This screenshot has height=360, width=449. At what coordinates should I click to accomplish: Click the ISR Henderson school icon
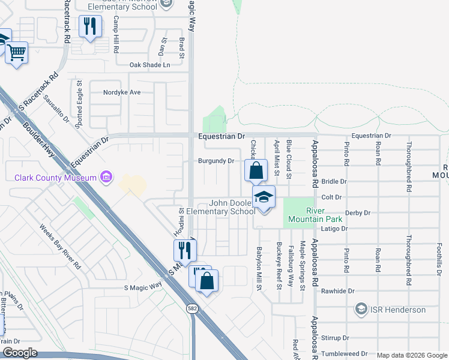pos(361,310)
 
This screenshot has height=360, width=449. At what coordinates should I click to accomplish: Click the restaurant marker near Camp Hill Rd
pos(90,26)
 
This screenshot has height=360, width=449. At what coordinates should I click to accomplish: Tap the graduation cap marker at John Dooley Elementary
pos(264,197)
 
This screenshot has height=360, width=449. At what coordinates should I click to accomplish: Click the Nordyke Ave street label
pos(121,92)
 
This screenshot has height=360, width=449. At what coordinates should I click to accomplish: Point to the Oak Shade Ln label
pos(150,65)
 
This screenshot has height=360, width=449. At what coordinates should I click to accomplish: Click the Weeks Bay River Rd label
pos(60,247)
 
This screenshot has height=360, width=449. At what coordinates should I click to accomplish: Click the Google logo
pos(19,353)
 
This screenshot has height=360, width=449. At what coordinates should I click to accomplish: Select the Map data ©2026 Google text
pos(411,355)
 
